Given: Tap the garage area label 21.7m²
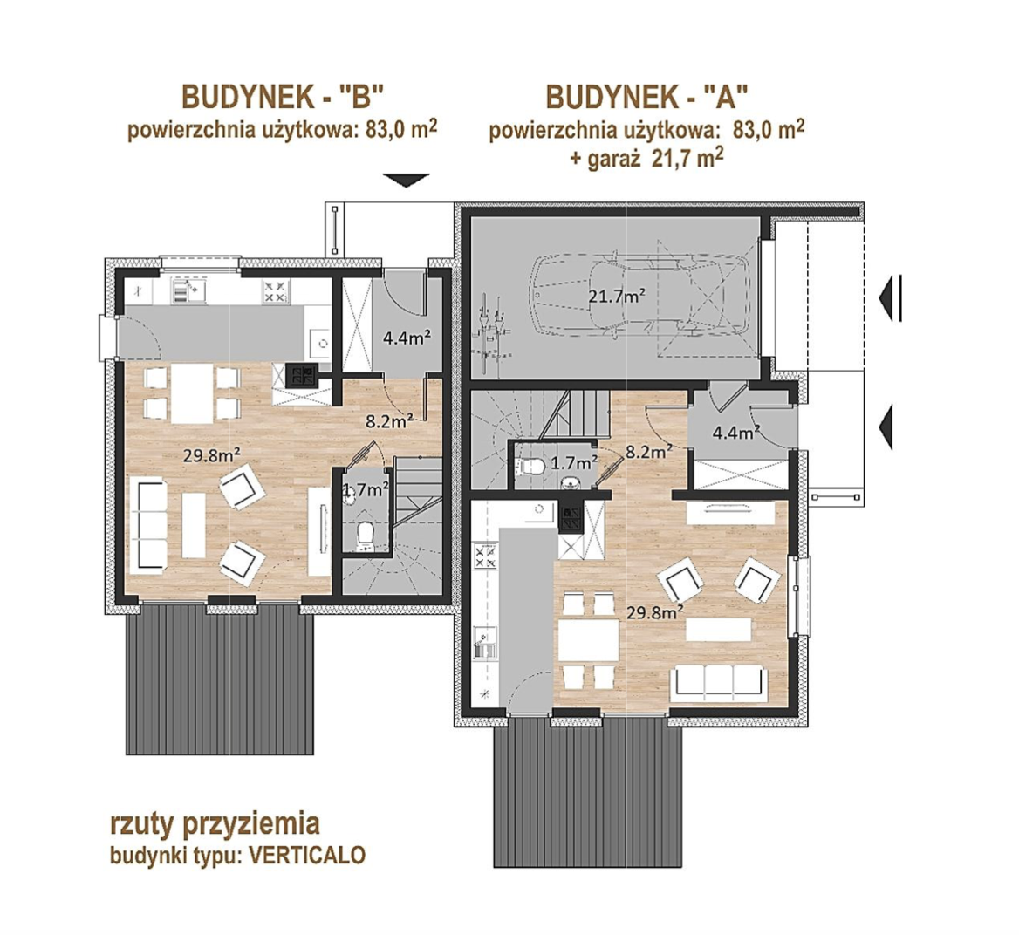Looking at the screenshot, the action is coord(617,297).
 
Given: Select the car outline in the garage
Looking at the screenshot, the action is coord(639,297).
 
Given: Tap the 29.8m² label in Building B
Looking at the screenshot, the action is coord(209,454).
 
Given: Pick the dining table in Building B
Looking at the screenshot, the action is coord(192,393).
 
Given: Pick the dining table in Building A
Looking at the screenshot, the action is coord(590,641).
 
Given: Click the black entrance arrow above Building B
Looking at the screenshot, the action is coord(407,180).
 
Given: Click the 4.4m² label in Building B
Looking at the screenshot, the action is coord(407,338).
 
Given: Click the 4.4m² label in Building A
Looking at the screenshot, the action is coord(737,432).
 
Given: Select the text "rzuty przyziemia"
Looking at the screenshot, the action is coord(215,824).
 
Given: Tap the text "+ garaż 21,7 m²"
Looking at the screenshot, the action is coord(647,159).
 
